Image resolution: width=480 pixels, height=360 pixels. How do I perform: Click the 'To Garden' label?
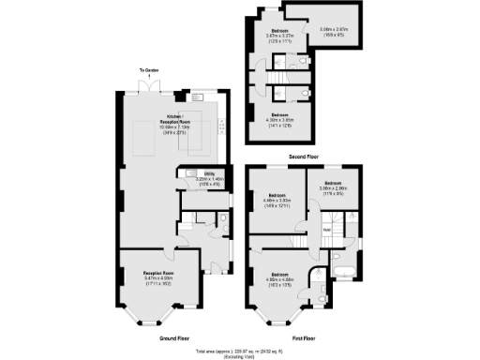tap(144, 71)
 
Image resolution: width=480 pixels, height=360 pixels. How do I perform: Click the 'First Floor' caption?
tap(306, 336)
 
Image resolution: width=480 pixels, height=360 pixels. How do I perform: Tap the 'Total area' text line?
tap(239, 350)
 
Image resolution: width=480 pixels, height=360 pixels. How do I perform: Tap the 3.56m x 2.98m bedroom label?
tap(333, 188)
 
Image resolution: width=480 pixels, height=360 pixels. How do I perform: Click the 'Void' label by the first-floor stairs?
tap(325, 229)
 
